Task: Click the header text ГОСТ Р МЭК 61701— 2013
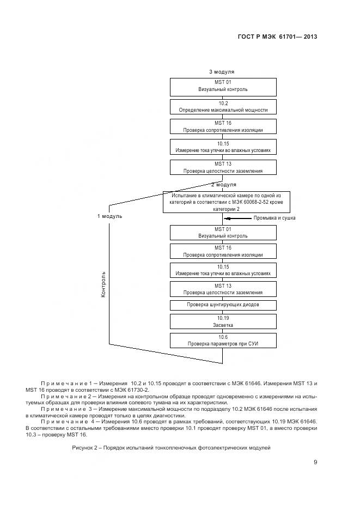pyautogui.click(x=278, y=37)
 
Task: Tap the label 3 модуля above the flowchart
pyautogui.click(x=222, y=72)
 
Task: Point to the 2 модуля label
pyautogui.click(x=223, y=185)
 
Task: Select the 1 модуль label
pyautogui.click(x=109, y=216)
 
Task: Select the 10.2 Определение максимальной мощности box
pyautogui.click(x=223, y=106)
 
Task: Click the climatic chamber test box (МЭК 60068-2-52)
pyautogui.click(x=223, y=201)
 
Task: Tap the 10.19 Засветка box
pyautogui.click(x=223, y=320)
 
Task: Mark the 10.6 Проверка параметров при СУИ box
pyautogui.click(x=223, y=341)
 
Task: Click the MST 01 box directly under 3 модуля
pyautogui.click(x=223, y=86)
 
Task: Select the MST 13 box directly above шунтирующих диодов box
pyautogui.click(x=223, y=289)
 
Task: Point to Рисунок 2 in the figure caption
pyautogui.click(x=85, y=447)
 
